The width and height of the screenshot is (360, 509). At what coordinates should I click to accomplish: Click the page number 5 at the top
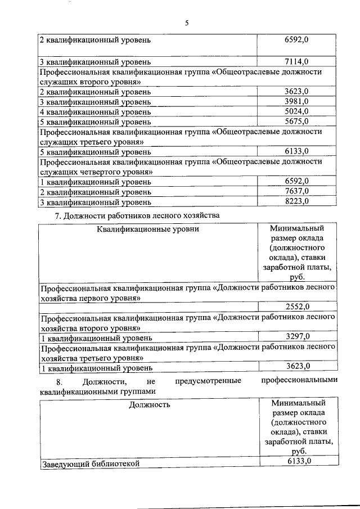187,22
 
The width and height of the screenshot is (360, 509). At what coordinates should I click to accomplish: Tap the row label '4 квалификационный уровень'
95,112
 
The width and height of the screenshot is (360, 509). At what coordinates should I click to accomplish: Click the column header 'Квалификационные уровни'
148,229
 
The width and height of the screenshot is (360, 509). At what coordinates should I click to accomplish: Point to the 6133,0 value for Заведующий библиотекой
297,462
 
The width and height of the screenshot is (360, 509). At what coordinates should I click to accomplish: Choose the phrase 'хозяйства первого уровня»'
89,297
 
